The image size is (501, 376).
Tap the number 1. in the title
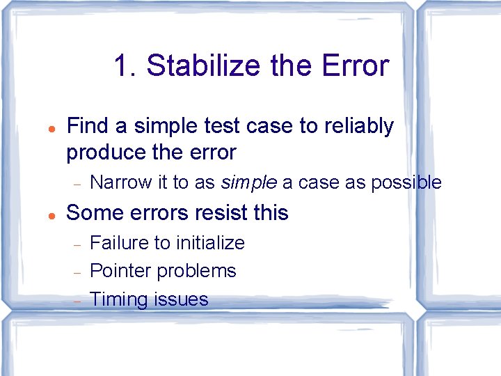(125, 67)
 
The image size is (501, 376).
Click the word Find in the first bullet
(88, 126)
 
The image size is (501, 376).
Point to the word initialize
(210, 242)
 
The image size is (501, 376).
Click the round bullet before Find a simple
(51, 128)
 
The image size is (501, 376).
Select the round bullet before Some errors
(51, 214)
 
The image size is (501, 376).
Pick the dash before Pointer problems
(78, 272)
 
